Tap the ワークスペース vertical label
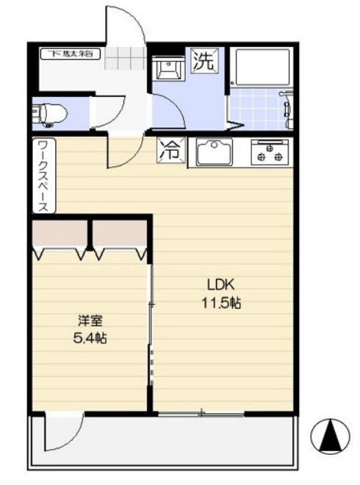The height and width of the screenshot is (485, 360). point(43,176)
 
